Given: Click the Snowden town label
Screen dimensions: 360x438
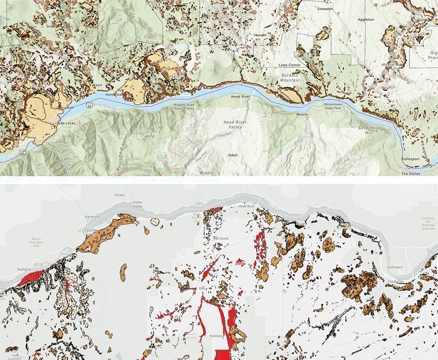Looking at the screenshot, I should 325,9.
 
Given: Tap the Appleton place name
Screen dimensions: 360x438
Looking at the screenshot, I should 366,20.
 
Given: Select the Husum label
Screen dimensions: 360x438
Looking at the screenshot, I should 260,35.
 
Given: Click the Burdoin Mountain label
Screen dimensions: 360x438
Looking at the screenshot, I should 290,77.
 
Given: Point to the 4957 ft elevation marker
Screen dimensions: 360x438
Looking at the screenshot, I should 150,137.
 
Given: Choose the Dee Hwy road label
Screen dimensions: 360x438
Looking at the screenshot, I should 200,163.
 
